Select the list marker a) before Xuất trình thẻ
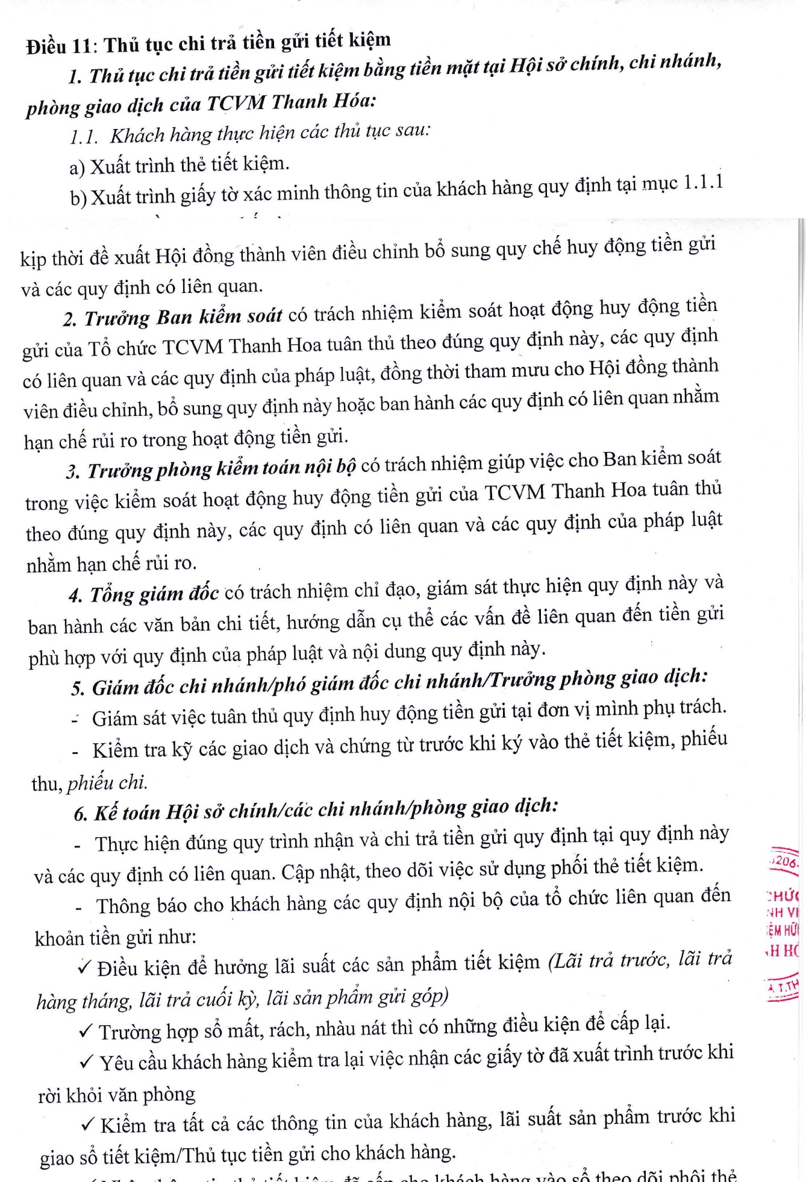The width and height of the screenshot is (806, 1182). (77, 167)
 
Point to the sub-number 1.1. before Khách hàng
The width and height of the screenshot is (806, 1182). (84, 137)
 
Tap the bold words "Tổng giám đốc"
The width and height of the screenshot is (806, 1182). (154, 594)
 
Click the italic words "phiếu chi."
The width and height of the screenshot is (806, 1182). (107, 782)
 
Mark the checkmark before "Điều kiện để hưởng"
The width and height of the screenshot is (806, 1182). (85, 967)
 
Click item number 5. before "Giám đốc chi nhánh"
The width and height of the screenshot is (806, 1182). (78, 688)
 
